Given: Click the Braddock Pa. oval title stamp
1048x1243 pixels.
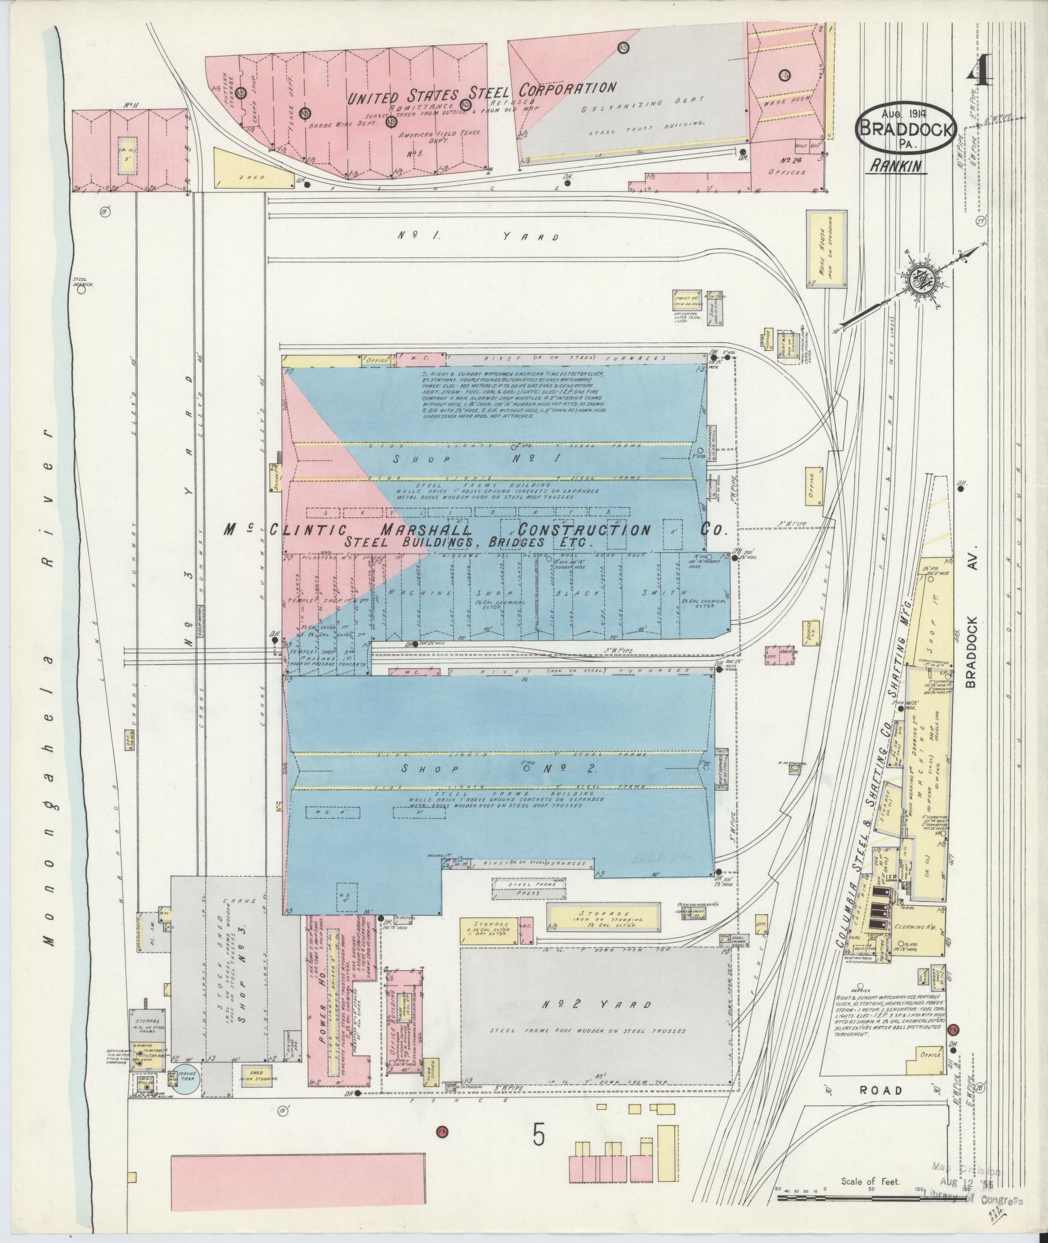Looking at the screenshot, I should click(x=908, y=128).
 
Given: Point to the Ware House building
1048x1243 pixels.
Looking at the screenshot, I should click(x=826, y=249).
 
